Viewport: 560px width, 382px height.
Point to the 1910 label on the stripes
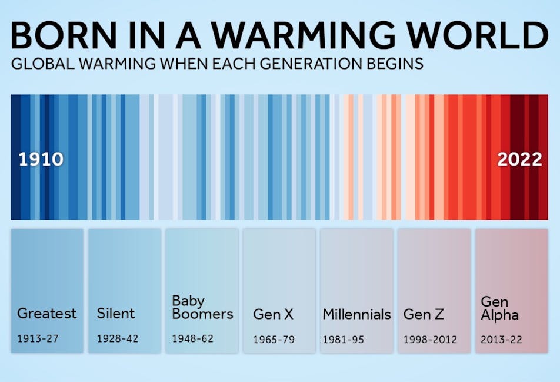click(x=41, y=159)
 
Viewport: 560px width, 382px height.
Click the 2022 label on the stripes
click(x=520, y=159)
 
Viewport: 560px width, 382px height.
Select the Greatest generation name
click(x=47, y=313)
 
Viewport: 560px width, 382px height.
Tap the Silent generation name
click(x=116, y=313)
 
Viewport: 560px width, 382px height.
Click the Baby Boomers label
click(x=202, y=307)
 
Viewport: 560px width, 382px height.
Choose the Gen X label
click(x=273, y=314)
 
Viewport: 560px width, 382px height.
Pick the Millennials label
click(x=356, y=314)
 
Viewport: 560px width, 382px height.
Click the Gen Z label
click(x=424, y=314)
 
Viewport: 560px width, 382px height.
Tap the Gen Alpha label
click(x=499, y=308)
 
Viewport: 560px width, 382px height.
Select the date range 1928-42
click(x=118, y=339)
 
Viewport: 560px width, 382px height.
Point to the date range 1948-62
click(x=192, y=339)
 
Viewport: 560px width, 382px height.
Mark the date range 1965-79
click(x=274, y=340)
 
